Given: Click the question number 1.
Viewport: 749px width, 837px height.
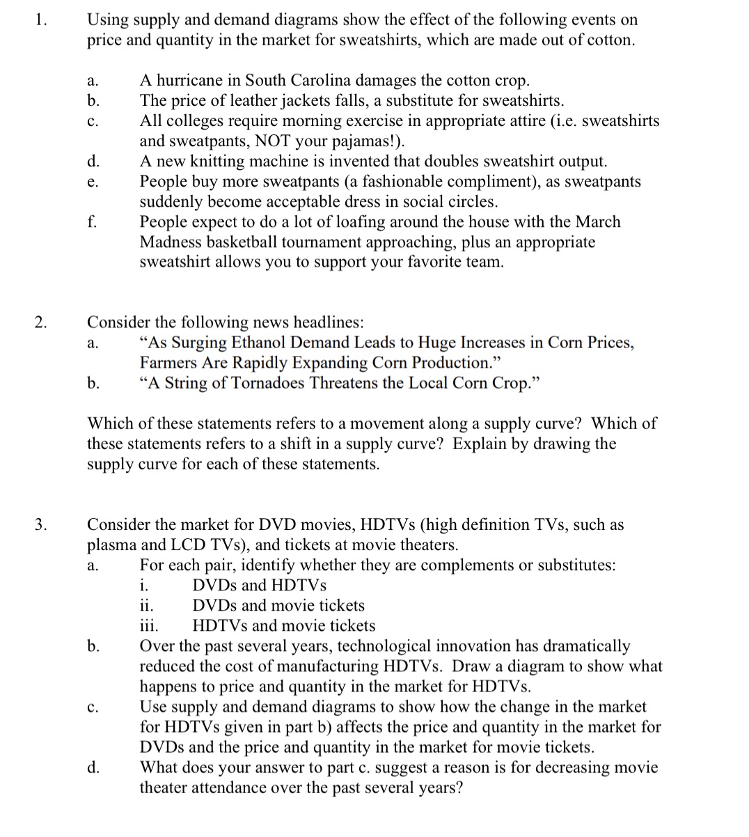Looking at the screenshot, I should tap(40, 20).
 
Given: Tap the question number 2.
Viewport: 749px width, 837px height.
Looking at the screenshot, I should tap(41, 322).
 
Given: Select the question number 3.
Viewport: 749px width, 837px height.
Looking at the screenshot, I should tap(41, 524).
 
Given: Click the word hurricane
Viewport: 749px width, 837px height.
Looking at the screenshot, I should tap(191, 81).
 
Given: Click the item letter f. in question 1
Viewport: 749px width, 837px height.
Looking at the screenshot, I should tap(92, 222).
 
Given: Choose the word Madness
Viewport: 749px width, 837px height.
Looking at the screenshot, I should tap(173, 242).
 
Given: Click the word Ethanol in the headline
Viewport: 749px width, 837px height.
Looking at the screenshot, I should tap(254, 343).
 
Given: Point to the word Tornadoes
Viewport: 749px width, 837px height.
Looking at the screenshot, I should tap(271, 383).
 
